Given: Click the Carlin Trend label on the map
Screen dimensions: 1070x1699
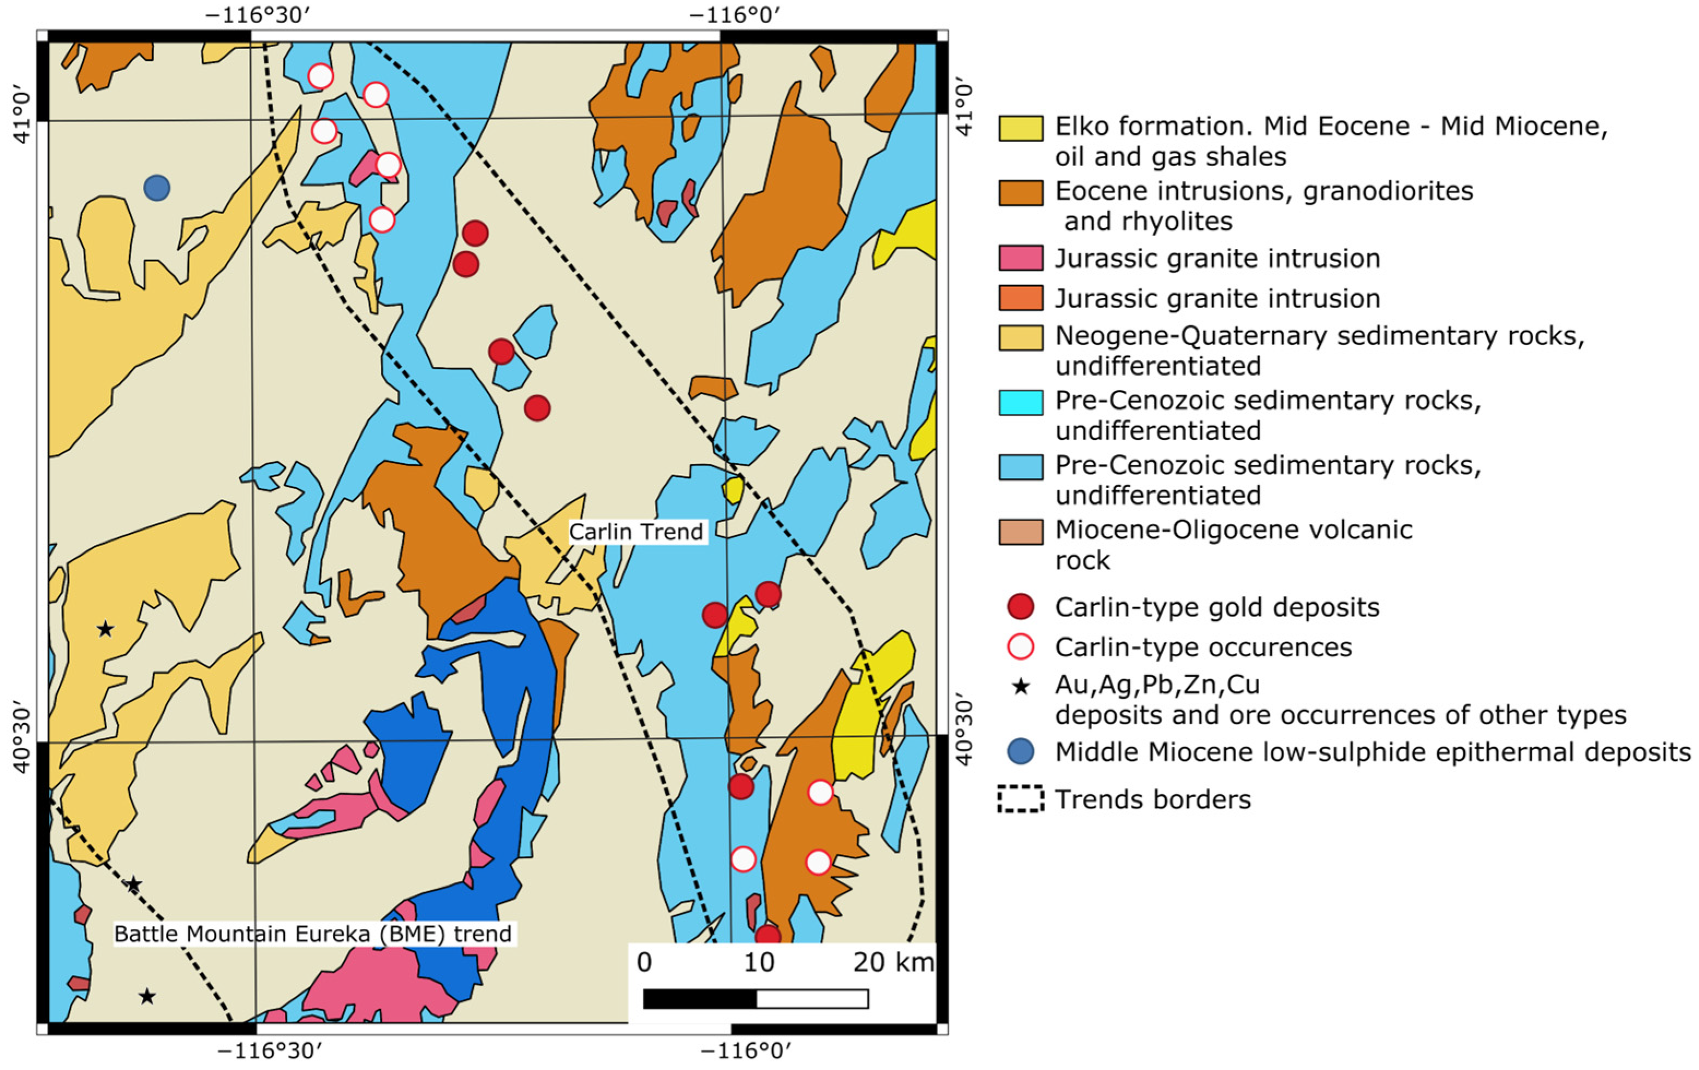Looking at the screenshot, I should click(x=636, y=532).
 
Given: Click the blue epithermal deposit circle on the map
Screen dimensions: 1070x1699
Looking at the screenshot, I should click(x=157, y=188).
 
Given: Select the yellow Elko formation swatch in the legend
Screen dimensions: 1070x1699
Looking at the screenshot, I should click(x=1020, y=128).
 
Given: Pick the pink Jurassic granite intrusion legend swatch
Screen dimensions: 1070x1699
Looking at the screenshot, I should click(x=1020, y=258).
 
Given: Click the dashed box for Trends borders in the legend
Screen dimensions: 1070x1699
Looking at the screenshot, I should click(x=1020, y=800).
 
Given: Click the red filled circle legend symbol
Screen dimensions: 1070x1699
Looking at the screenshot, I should click(x=1020, y=607).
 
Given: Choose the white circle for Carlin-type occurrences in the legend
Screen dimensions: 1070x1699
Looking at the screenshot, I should click(x=1020, y=646).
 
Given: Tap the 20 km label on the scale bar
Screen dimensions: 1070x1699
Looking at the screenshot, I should click(x=892, y=962).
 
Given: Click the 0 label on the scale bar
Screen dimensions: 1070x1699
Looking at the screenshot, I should click(x=643, y=962).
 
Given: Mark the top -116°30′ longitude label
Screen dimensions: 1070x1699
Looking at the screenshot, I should click(x=258, y=15).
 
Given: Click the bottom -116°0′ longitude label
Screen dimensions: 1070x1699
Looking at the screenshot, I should click(x=746, y=1051).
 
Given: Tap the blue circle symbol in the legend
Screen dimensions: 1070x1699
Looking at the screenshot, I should click(x=1020, y=752).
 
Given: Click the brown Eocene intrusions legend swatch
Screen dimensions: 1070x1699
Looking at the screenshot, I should click(x=1020, y=193).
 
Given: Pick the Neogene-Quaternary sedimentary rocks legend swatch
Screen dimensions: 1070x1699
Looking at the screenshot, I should click(x=1020, y=337).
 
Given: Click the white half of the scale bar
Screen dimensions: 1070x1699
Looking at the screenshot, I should click(x=812, y=998).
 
